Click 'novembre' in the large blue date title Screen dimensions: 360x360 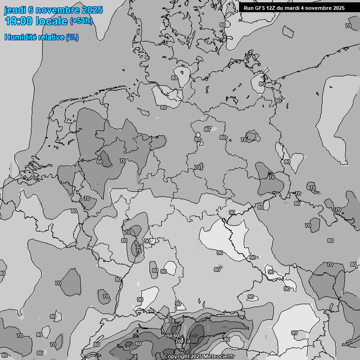[57, 10]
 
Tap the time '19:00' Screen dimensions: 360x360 [19, 21]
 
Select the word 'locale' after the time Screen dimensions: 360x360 [52, 21]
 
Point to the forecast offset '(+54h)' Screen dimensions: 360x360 [81, 21]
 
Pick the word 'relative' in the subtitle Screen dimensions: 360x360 [51, 37]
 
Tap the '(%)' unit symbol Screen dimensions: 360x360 [72, 37]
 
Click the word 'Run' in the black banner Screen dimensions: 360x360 [249, 8]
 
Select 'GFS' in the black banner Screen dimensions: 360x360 [261, 8]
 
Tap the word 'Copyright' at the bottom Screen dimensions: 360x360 [177, 357]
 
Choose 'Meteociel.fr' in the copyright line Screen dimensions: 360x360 [219, 357]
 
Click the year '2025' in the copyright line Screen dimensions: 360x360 [197, 357]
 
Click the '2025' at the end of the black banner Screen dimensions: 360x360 [338, 8]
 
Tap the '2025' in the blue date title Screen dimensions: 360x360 [92, 10]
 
